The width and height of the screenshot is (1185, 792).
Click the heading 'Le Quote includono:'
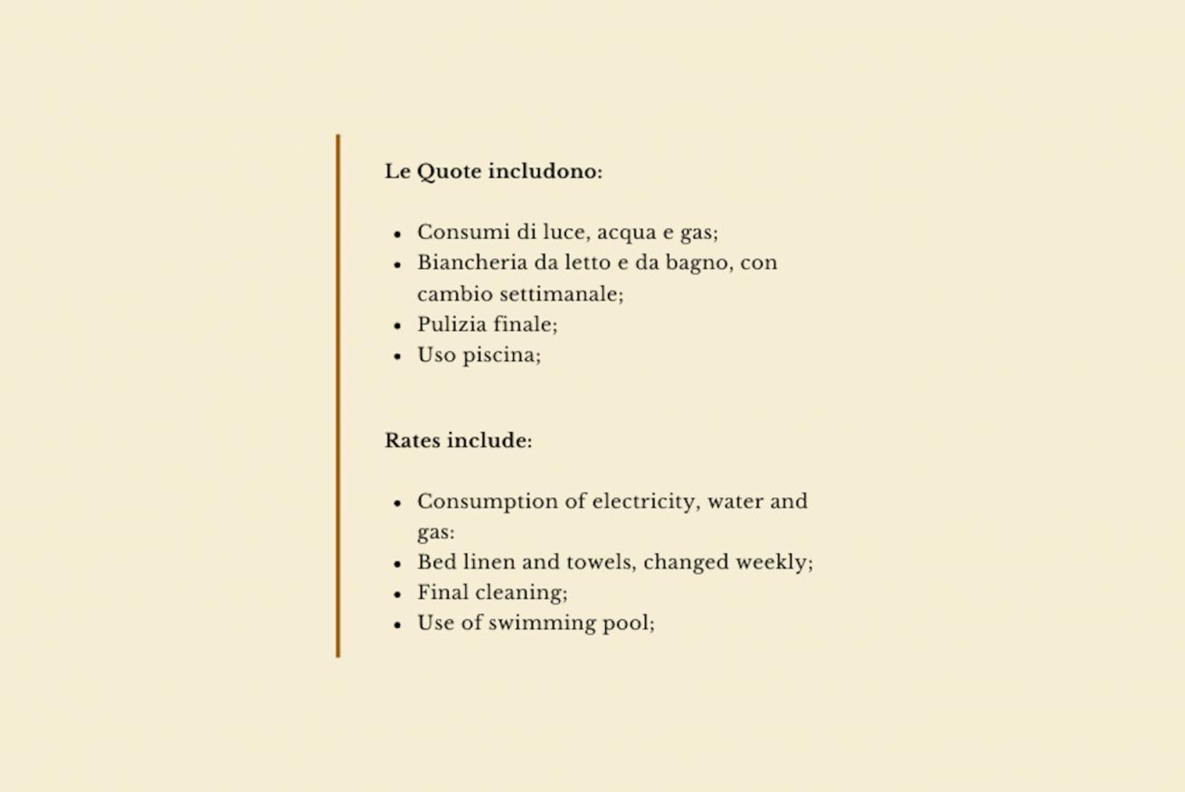tap(493, 171)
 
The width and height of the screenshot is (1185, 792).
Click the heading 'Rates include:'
tap(458, 441)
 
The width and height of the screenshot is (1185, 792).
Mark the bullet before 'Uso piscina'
tap(398, 357)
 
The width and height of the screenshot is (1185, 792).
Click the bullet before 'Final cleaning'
tap(398, 595)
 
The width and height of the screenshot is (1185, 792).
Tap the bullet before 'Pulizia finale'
tap(398, 326)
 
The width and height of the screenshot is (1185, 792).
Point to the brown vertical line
tap(338, 396)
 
